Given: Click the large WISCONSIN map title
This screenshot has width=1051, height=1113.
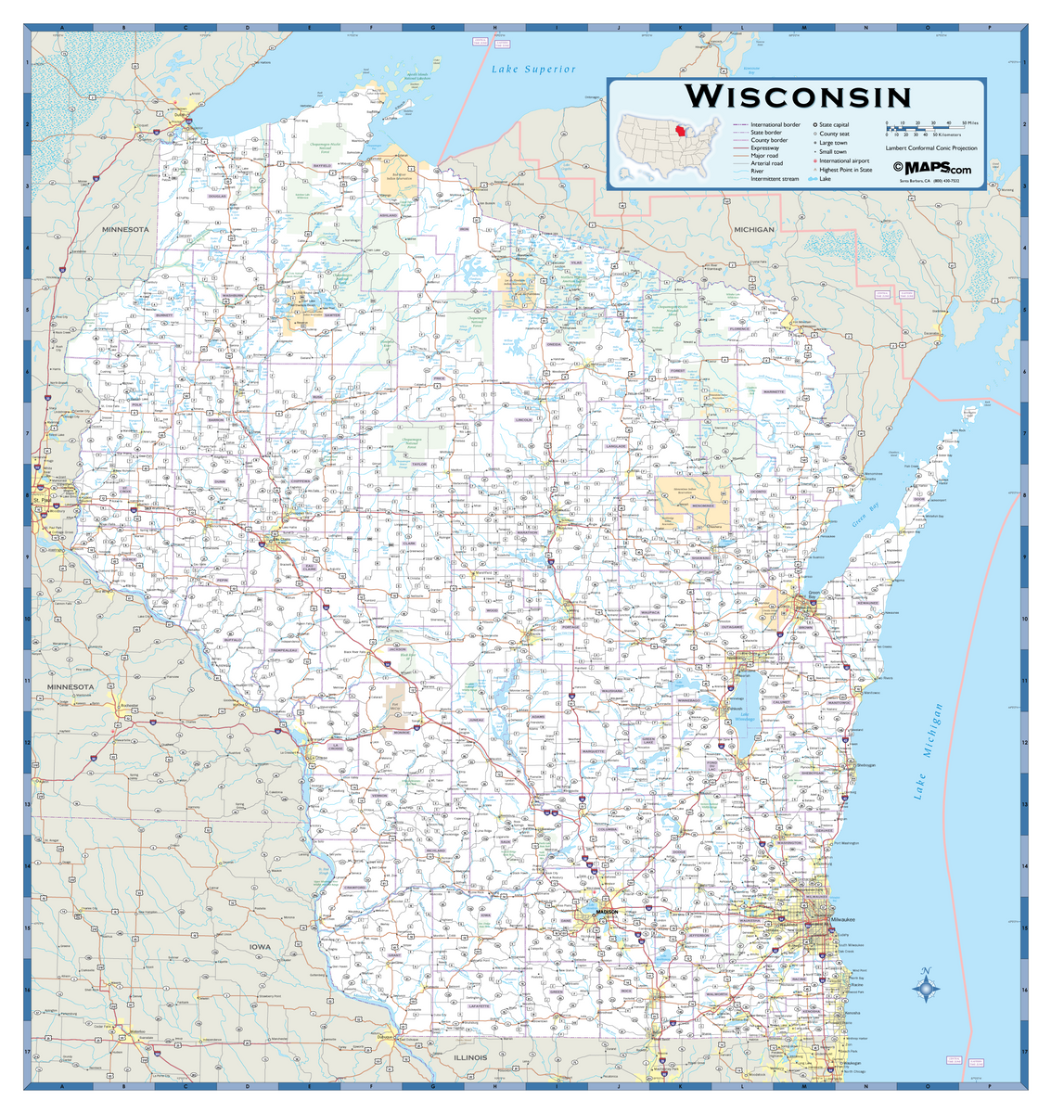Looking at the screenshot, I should tap(798, 96).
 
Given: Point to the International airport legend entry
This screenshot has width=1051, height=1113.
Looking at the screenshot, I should tap(843, 160).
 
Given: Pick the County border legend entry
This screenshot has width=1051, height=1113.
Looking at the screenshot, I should tap(769, 140).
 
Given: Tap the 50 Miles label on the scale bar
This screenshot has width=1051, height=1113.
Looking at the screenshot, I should tap(970, 122).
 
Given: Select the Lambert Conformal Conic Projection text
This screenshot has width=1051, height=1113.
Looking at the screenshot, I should tap(931, 148).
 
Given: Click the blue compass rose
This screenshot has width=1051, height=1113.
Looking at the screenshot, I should tap(925, 989).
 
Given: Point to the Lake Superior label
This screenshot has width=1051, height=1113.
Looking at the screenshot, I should tap(533, 70).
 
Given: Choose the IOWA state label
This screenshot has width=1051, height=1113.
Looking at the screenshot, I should tap(261, 947).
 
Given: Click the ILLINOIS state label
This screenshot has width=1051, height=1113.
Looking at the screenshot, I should tap(470, 1056).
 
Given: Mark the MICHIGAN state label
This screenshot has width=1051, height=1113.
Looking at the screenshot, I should tap(753, 229).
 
